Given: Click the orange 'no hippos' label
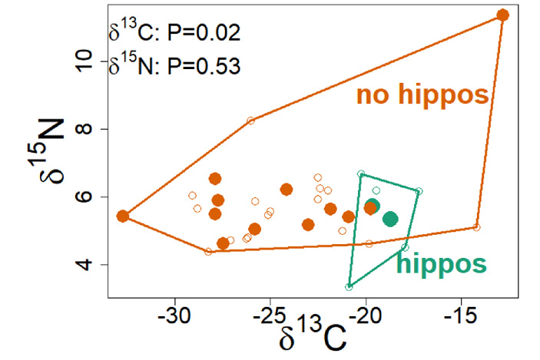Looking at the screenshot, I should click(x=422, y=95).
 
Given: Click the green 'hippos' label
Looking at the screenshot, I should click(x=441, y=265).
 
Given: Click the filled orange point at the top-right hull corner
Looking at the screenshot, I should click(x=503, y=15).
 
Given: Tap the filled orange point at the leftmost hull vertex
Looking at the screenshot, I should click(x=123, y=216).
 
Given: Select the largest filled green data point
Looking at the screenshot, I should click(x=390, y=219).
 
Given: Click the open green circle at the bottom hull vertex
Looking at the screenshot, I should click(x=350, y=286).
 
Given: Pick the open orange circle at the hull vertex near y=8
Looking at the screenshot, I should click(x=250, y=121).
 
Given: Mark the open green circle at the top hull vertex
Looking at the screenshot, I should click(x=361, y=174).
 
